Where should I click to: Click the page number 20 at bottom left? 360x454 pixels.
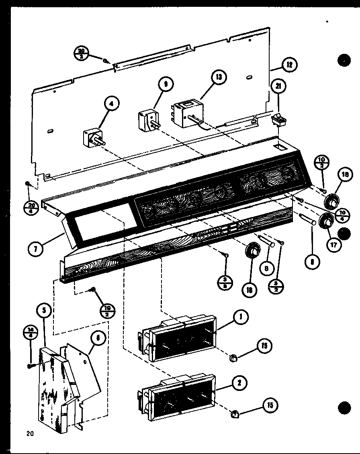click(30, 433)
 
